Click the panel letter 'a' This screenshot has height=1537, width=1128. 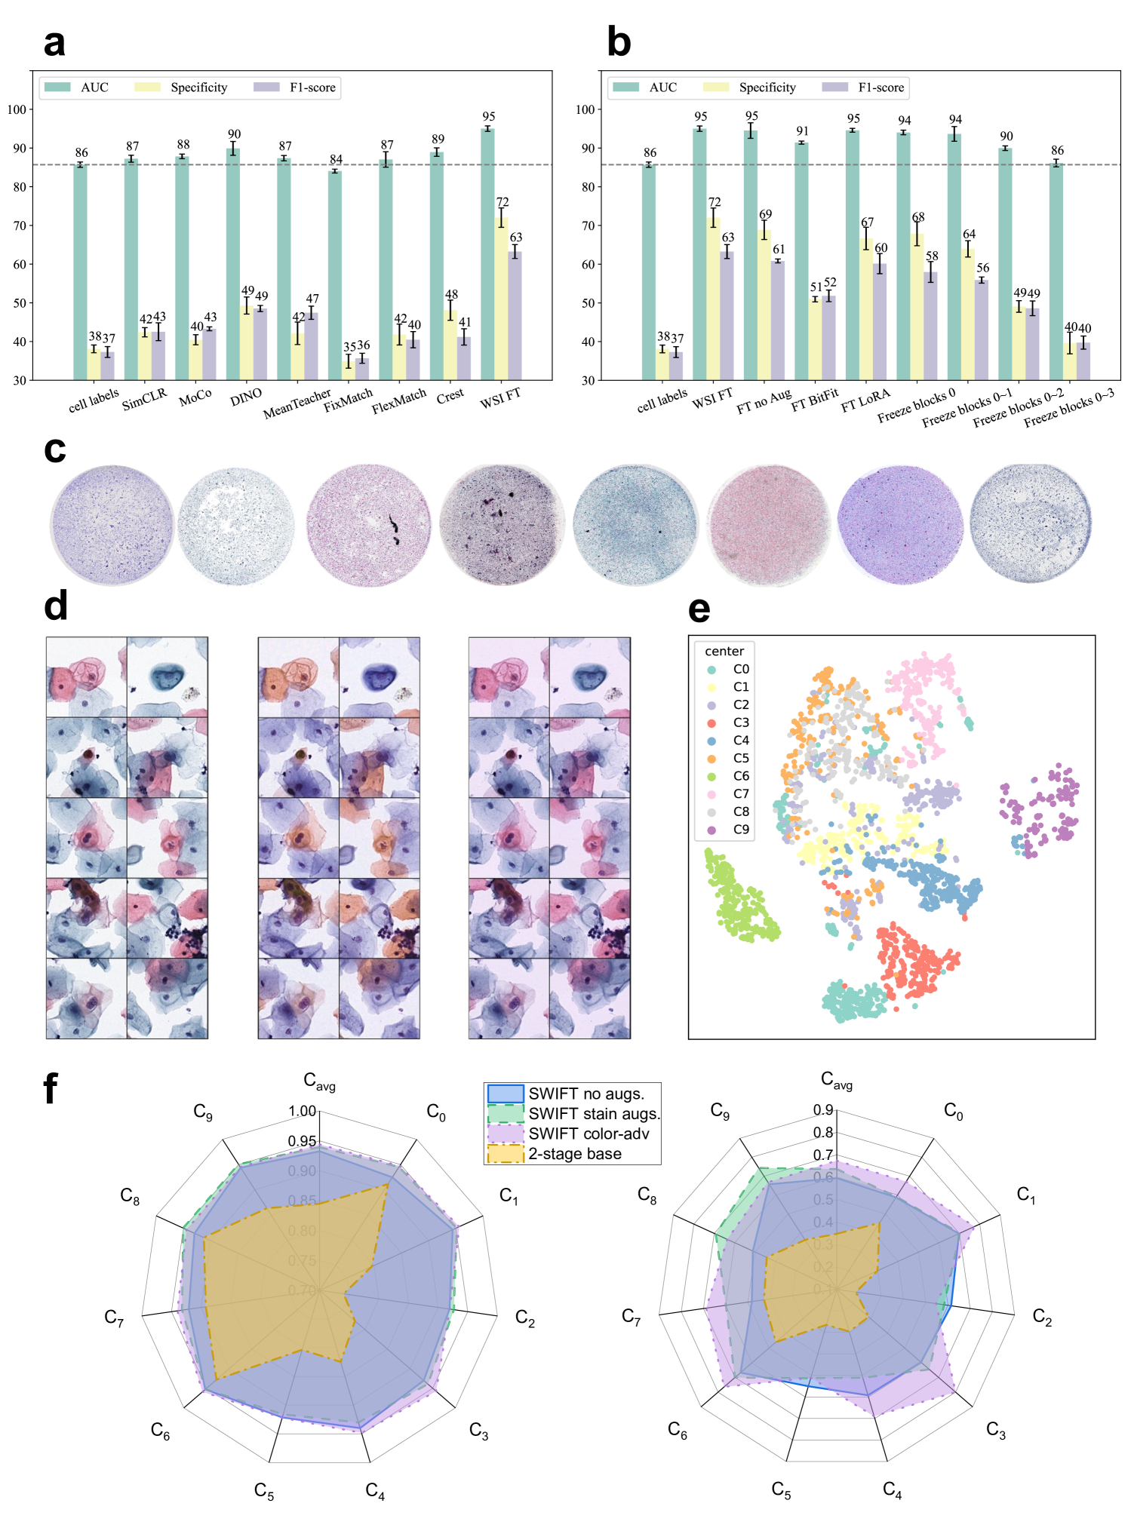pyautogui.click(x=54, y=44)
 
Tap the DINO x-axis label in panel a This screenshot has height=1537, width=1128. pyautogui.click(x=246, y=397)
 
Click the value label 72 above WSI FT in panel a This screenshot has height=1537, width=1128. pyautogui.click(x=503, y=202)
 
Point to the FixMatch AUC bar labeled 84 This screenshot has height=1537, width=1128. pyautogui.click(x=334, y=275)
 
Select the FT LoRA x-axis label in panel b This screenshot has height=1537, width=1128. pyautogui.click(x=865, y=400)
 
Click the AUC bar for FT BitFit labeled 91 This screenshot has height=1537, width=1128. pyautogui.click(x=801, y=261)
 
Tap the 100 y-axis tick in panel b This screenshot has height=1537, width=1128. pyautogui.click(x=585, y=109)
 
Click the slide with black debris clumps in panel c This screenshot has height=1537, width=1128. pyautogui.click(x=502, y=525)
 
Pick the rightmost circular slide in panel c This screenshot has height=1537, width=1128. pyautogui.click(x=1031, y=523)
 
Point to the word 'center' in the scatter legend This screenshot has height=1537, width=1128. pyautogui.click(x=724, y=651)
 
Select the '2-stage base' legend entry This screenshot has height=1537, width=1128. pyautogui.click(x=574, y=1154)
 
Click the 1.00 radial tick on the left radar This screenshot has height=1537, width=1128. pyautogui.click(x=303, y=1111)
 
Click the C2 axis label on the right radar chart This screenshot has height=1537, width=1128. pyautogui.click(x=1042, y=1318)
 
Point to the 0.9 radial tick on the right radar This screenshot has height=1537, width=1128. pyautogui.click(x=823, y=1109)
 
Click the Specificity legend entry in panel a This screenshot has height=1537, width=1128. pyautogui.click(x=198, y=87)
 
